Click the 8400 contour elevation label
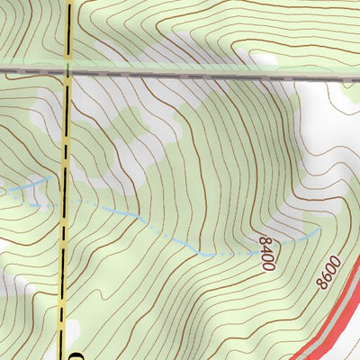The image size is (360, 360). pos(266,253)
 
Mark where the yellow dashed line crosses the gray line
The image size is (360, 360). pos(67,69)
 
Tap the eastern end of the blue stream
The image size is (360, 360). pos(319,229)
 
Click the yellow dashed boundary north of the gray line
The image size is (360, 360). pos(68,31)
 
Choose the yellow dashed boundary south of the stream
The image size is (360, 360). pos(65,270)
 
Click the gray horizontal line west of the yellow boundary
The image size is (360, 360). pos(31,69)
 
